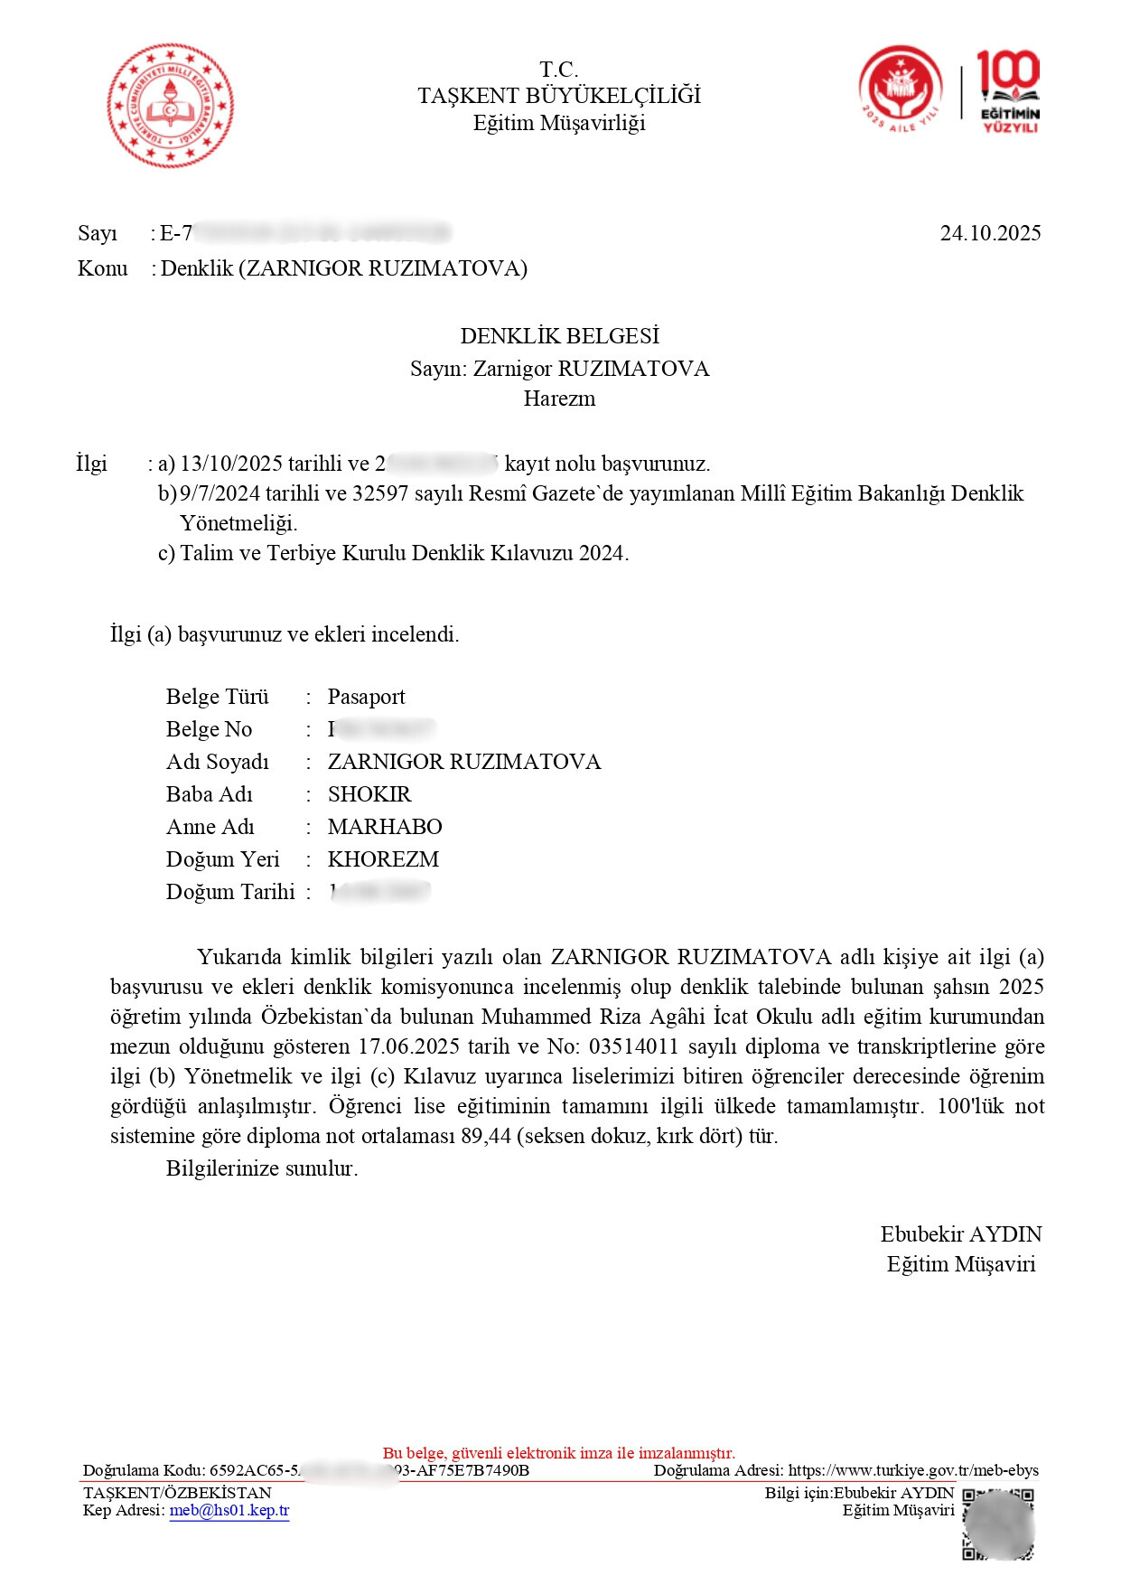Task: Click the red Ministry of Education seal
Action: coord(170,106)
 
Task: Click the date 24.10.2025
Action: coord(990,233)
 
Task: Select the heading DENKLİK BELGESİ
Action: coord(559,336)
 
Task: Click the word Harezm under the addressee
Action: coord(559,399)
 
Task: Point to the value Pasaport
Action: coord(366,697)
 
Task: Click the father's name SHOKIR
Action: coord(369,794)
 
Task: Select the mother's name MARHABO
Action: coord(384,827)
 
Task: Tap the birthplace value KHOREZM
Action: coord(383,859)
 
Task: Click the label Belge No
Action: coord(209,729)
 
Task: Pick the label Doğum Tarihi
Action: coord(230,892)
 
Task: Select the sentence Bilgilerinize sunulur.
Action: coord(262,1168)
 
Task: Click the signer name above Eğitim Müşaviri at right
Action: coord(961,1234)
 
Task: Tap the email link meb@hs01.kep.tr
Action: coord(229,1510)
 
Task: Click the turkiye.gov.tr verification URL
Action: coord(913,1470)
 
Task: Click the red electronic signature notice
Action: coord(559,1453)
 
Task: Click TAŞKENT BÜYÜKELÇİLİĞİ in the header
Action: coord(559,96)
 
